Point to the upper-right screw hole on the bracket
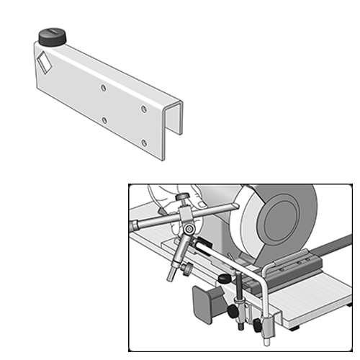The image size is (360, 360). (144, 109)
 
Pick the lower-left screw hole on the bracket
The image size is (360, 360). (104, 120)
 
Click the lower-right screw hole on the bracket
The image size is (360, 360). (144, 143)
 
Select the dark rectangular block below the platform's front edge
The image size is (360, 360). (206, 302)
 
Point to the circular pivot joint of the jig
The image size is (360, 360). (189, 229)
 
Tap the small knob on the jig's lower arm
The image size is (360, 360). (187, 269)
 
